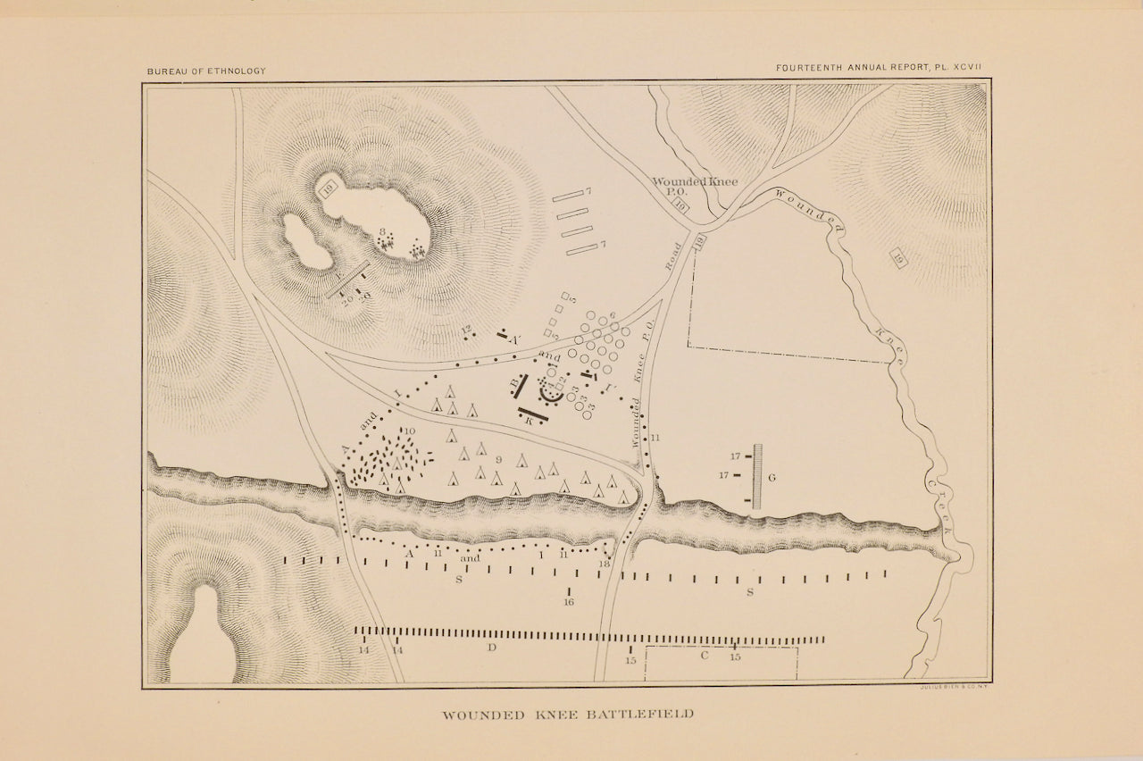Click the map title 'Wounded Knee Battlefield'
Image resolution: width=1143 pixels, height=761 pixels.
tap(568, 715)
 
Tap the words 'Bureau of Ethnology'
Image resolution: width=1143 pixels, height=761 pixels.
tap(206, 71)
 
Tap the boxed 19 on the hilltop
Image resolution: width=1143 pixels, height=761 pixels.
tap(329, 187)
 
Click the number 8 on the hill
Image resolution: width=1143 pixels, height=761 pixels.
tap(382, 232)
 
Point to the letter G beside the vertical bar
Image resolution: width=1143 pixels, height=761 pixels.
tap(772, 478)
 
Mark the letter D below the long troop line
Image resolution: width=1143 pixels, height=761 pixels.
tap(491, 647)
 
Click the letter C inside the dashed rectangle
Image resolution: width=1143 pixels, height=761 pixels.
tap(704, 656)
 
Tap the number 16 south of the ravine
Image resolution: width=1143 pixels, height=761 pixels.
tap(569, 602)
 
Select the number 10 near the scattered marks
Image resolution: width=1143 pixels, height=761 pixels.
tap(410, 431)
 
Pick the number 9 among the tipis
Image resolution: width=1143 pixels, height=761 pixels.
tap(498, 459)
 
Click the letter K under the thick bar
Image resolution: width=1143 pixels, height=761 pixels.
tap(530, 420)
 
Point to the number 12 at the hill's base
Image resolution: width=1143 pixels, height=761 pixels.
tap(465, 330)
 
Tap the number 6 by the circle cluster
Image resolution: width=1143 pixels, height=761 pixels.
tap(613, 316)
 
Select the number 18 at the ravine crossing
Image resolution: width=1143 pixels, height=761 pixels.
tap(605, 563)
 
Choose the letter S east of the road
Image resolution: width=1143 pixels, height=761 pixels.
tap(750, 591)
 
